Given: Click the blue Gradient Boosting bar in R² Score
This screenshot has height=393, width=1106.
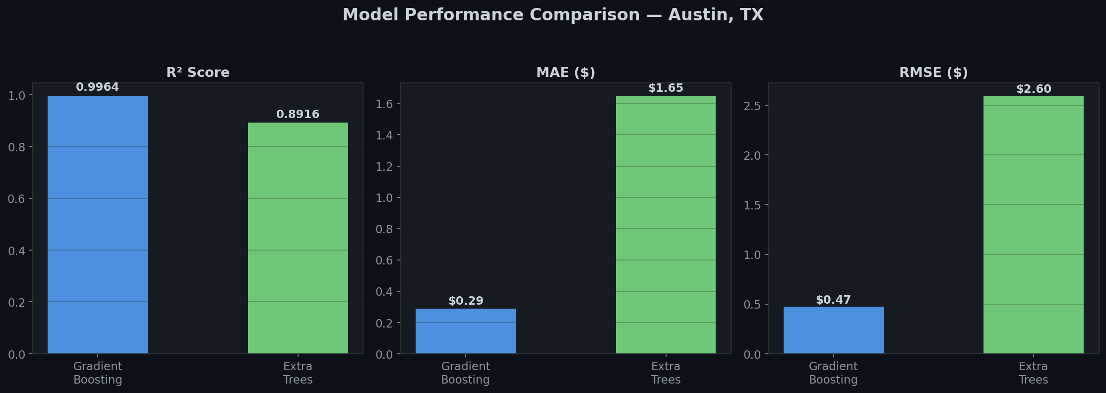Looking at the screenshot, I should point(98,224).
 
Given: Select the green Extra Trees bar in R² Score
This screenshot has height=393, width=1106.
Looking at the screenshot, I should point(298,238).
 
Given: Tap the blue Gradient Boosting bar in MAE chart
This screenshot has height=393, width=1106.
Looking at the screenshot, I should point(465,331).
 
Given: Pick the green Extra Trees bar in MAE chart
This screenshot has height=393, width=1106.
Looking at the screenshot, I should point(666,224).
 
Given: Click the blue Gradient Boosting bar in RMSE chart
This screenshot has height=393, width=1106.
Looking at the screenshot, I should point(833,330).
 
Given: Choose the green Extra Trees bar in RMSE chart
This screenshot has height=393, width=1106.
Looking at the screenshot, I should point(1033,224).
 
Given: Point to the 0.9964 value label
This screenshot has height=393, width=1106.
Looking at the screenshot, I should point(98,87).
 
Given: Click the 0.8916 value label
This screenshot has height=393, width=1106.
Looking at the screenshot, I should point(298,115).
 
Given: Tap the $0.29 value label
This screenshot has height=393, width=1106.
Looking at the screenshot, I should point(465,301).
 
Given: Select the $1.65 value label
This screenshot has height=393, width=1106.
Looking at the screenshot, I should point(666,88).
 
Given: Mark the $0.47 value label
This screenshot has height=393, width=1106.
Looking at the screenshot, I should point(833,300).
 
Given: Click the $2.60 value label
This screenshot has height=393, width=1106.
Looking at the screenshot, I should point(1033,89).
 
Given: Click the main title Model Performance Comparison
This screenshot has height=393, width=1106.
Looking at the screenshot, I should point(553,15).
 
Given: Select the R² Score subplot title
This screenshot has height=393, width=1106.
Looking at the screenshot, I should point(198,73).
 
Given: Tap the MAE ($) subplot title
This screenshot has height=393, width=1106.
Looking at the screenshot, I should point(565,73).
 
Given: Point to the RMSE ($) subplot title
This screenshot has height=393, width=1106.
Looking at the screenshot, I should point(933,73).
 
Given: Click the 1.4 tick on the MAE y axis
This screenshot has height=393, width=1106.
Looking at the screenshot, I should point(384,135).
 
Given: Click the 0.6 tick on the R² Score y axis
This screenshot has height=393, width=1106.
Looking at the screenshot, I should point(16,199).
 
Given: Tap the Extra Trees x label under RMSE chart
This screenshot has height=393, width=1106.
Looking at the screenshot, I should point(1033,373).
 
